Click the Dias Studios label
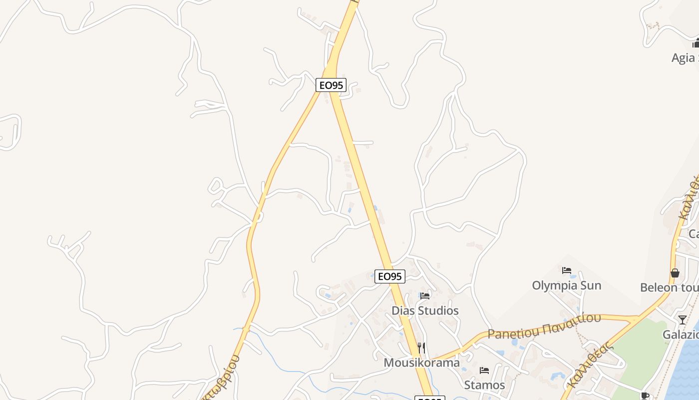(425, 310)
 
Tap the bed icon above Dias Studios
(425, 296)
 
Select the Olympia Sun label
(566, 285)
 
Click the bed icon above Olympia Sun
(566, 270)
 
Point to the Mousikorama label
(421, 362)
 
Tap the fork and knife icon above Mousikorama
(421, 347)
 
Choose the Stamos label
(484, 385)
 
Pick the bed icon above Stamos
(484, 370)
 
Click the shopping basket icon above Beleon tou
(675, 273)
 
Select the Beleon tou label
(669, 287)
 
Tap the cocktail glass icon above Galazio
(682, 319)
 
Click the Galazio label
(680, 334)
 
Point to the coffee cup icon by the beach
(645, 396)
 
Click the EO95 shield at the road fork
(331, 85)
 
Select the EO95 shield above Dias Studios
(389, 276)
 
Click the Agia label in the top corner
(685, 58)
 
